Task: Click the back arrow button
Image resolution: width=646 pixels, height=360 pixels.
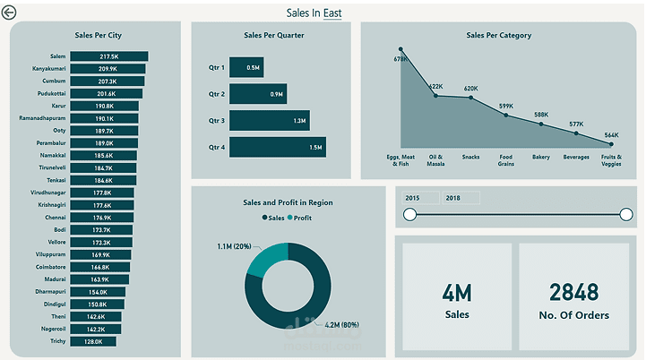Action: (10, 13)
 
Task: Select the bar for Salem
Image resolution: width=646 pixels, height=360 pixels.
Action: (108, 56)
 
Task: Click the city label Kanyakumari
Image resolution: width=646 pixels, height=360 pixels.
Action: (48, 69)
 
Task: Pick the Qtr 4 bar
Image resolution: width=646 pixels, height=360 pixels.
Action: (277, 147)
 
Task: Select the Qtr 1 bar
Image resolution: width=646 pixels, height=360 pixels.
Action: (245, 67)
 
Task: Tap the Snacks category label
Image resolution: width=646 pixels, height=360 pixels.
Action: (470, 157)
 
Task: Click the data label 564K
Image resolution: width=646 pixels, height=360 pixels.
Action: (611, 134)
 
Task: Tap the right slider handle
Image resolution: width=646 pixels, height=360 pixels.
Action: (625, 214)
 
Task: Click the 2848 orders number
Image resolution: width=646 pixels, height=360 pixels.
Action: (579, 293)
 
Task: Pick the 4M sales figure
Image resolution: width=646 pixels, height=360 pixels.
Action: (457, 293)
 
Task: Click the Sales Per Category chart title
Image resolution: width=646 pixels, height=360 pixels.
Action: (498, 36)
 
